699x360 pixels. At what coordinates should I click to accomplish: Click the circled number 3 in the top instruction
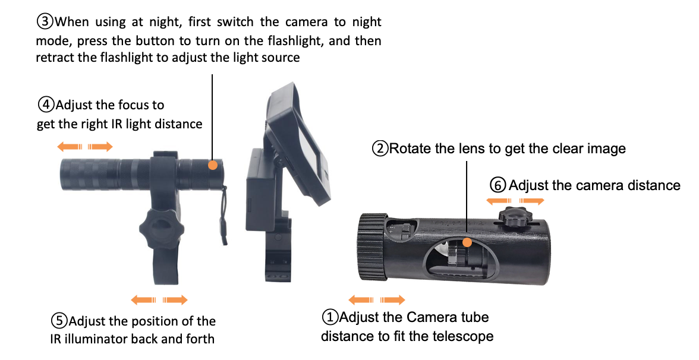45,22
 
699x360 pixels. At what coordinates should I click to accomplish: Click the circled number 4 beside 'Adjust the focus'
45,105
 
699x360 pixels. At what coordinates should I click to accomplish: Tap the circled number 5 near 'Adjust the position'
59,321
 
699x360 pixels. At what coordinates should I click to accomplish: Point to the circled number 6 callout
498,185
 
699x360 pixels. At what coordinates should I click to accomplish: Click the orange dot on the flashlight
212,165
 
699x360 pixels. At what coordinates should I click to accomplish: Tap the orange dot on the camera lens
467,242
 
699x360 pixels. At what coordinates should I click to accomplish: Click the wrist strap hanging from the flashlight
224,217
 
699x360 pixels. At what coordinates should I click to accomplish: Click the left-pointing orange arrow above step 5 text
144,300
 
